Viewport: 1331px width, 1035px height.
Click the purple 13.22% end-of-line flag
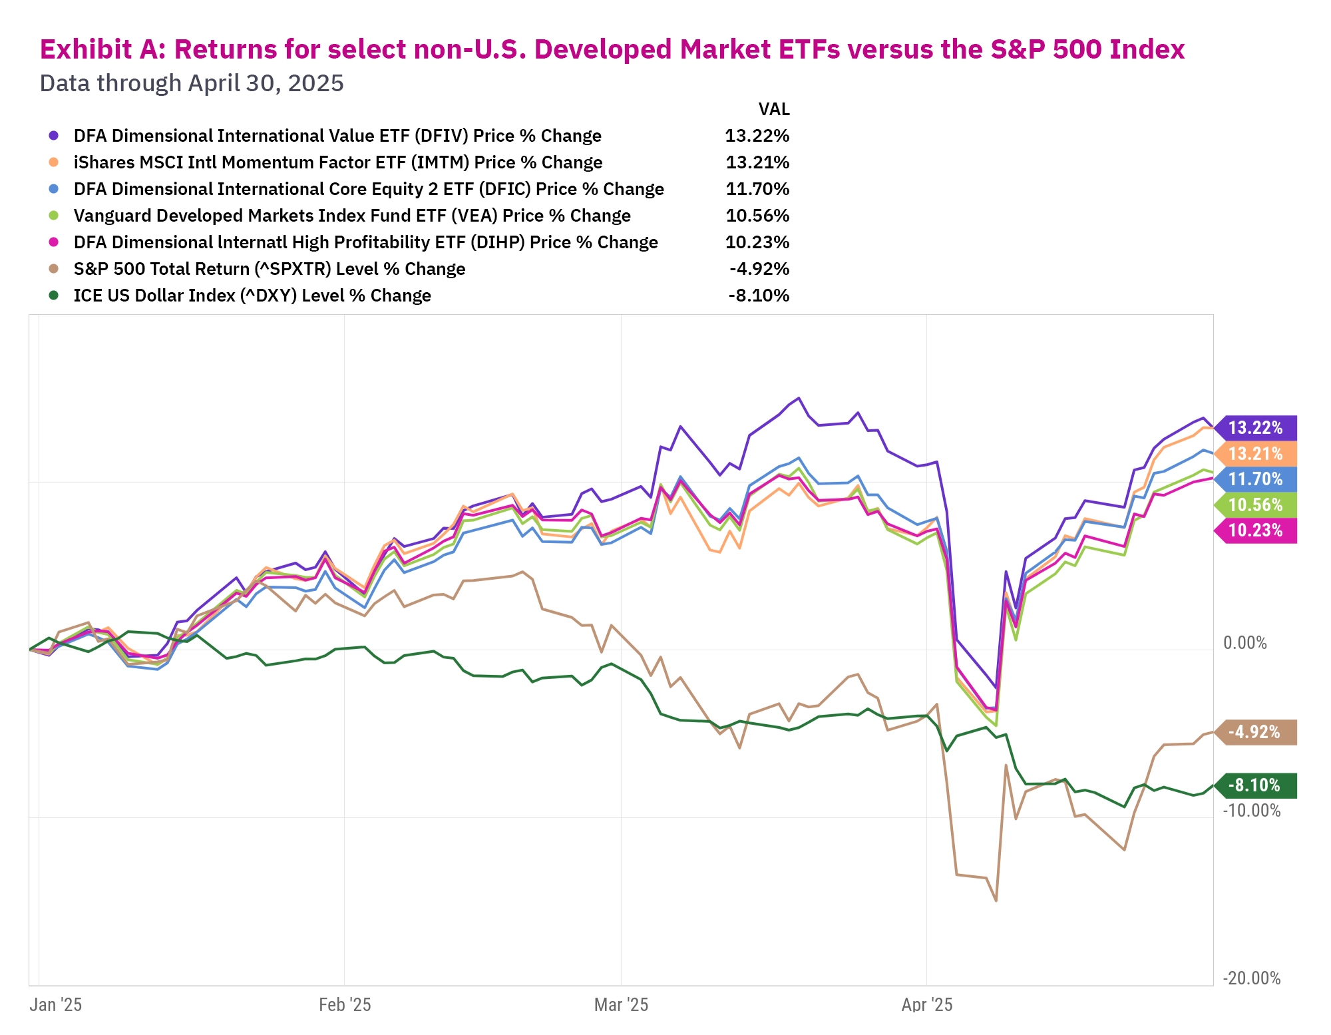1255,427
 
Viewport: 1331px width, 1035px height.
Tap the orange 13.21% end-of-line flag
1255,453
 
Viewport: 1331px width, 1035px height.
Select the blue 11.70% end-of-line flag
1255,479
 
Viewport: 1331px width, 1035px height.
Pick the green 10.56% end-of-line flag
1255,505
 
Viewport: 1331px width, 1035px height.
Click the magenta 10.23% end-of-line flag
1255,530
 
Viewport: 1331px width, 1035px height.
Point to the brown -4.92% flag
1255,732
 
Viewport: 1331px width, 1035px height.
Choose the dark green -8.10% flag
1255,785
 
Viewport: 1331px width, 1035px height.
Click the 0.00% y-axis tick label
1244,643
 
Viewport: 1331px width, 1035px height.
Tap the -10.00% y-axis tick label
1251,811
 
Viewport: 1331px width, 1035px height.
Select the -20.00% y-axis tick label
1251,978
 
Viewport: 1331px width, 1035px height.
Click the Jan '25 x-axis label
56,1005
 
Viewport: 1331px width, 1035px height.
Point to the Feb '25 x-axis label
345,1005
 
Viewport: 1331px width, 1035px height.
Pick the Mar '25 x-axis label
621,1005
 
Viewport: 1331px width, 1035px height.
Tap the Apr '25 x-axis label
926,1005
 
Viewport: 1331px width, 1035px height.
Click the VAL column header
774,109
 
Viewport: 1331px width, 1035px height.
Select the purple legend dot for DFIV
54,136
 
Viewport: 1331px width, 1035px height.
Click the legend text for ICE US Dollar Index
252,296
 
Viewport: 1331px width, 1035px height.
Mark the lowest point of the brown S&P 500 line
996,901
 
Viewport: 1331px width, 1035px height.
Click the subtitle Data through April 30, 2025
192,83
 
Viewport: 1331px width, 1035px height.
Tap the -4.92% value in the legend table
759,269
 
